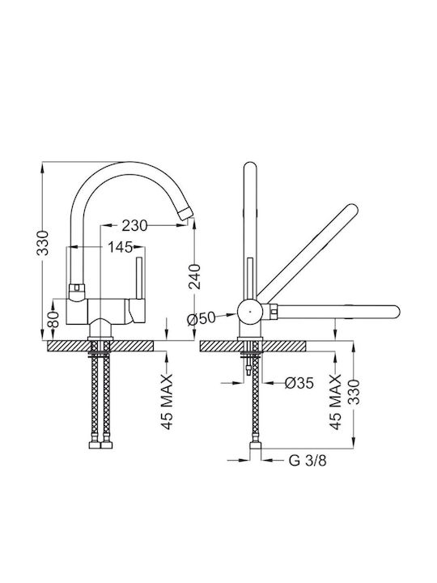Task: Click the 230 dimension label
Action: pos(134,225)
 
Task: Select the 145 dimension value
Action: pos(120,246)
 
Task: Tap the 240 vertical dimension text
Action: pos(194,277)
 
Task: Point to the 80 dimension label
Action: pos(53,319)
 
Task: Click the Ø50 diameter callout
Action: pos(202,318)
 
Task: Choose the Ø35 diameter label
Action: pos(299,382)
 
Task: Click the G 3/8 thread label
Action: pos(308,461)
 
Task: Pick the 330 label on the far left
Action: pos(43,243)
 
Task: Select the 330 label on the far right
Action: pos(354,392)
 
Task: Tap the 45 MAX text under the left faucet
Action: pos(168,402)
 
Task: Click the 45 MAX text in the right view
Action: pos(336,402)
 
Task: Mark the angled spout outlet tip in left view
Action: pos(185,214)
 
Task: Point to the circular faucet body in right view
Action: pos(250,312)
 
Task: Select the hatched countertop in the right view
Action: pos(252,346)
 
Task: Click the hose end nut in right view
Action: pos(256,445)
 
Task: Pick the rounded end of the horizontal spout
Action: pos(395,312)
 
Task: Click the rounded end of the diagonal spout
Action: pos(352,209)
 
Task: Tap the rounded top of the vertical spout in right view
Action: pos(250,167)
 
